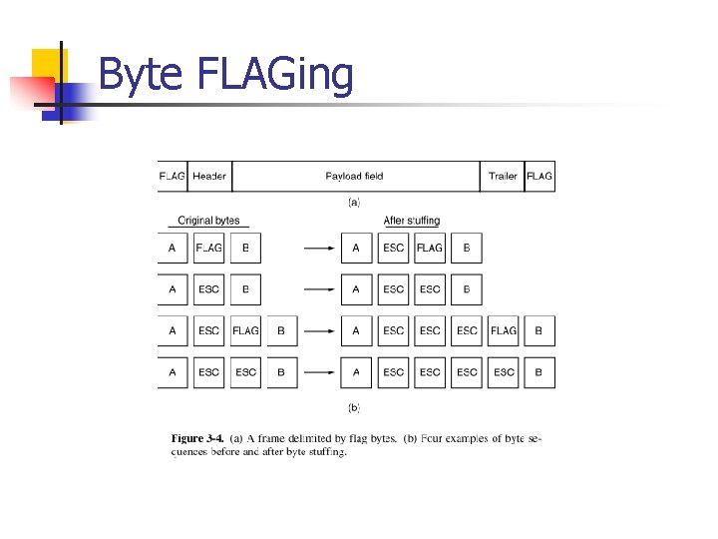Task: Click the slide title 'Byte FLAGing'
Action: click(226, 75)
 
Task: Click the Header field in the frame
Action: click(209, 177)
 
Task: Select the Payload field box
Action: click(354, 177)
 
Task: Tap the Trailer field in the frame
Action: click(503, 177)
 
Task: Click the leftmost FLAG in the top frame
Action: click(172, 177)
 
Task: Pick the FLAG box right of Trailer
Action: click(539, 177)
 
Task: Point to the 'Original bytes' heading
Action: click(208, 221)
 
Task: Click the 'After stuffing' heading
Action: click(412, 221)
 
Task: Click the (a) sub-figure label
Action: click(354, 202)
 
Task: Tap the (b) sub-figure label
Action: click(354, 407)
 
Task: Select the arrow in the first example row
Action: click(320, 248)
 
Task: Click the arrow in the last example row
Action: click(320, 372)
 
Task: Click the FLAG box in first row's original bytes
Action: click(209, 248)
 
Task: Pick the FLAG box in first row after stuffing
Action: click(430, 248)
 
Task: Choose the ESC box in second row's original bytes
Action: click(209, 289)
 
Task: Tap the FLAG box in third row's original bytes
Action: click(245, 330)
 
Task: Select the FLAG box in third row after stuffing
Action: click(504, 330)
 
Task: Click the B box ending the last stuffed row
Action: click(539, 372)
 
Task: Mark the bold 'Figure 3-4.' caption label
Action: click(197, 438)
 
